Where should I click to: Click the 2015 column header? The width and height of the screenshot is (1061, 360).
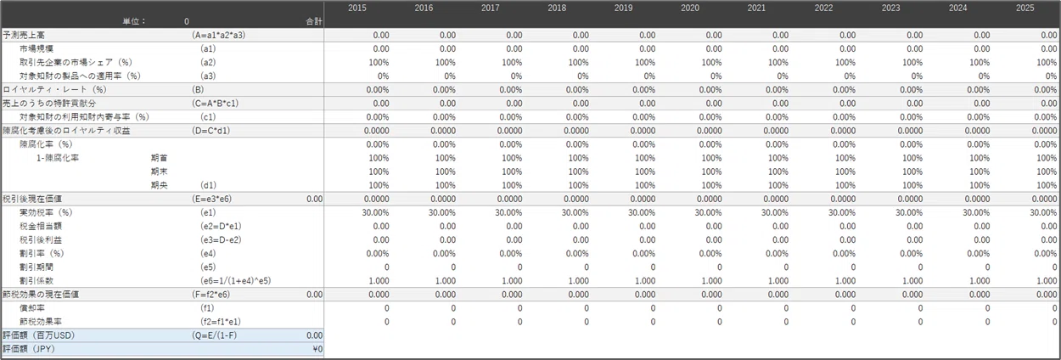click(x=357, y=8)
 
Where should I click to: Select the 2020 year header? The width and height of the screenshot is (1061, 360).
click(x=689, y=8)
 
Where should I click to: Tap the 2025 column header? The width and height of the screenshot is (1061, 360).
click(x=1025, y=8)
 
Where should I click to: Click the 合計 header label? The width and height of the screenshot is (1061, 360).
click(x=314, y=21)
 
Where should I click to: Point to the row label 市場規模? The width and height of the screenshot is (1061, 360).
click(x=36, y=48)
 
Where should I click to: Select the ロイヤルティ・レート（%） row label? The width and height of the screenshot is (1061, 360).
click(x=54, y=89)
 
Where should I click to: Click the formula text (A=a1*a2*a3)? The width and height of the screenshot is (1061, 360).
click(x=219, y=35)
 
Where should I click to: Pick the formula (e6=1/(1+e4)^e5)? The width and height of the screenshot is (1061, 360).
click(x=235, y=281)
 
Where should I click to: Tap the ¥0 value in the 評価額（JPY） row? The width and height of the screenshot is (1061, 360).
click(x=317, y=349)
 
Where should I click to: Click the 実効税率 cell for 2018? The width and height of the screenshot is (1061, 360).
click(x=575, y=212)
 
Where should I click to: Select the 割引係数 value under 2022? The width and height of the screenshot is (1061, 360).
click(x=845, y=281)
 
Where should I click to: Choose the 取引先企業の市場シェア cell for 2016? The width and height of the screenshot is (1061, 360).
click(x=446, y=63)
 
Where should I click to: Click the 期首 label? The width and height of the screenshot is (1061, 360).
click(x=160, y=158)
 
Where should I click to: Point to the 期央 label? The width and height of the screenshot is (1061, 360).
click(x=160, y=185)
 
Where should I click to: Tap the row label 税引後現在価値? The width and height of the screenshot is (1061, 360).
click(x=32, y=199)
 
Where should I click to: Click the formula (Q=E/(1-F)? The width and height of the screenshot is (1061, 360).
click(x=215, y=335)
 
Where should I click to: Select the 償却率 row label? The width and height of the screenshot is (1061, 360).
click(x=32, y=308)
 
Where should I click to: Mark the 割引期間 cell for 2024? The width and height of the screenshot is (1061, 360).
click(x=987, y=267)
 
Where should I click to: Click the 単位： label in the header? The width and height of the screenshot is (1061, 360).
click(x=134, y=21)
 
